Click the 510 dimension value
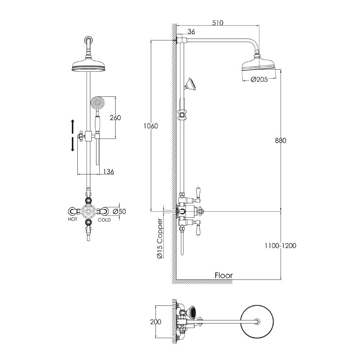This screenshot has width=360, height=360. click(217, 23)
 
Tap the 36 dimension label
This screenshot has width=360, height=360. click(191, 32)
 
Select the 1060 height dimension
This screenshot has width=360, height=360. click(151, 126)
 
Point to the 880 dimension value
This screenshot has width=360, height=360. click(280, 140)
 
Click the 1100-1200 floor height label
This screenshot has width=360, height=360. click(280, 246)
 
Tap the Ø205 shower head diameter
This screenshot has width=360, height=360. click(259, 80)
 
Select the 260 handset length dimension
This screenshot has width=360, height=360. click(115, 118)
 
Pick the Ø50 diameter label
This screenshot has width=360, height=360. click(119, 211)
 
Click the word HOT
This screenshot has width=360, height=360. click(72, 219)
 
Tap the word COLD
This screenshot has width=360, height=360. click(104, 219)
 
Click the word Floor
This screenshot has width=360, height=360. click(224, 275)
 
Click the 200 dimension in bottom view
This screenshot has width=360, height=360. click(156, 322)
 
